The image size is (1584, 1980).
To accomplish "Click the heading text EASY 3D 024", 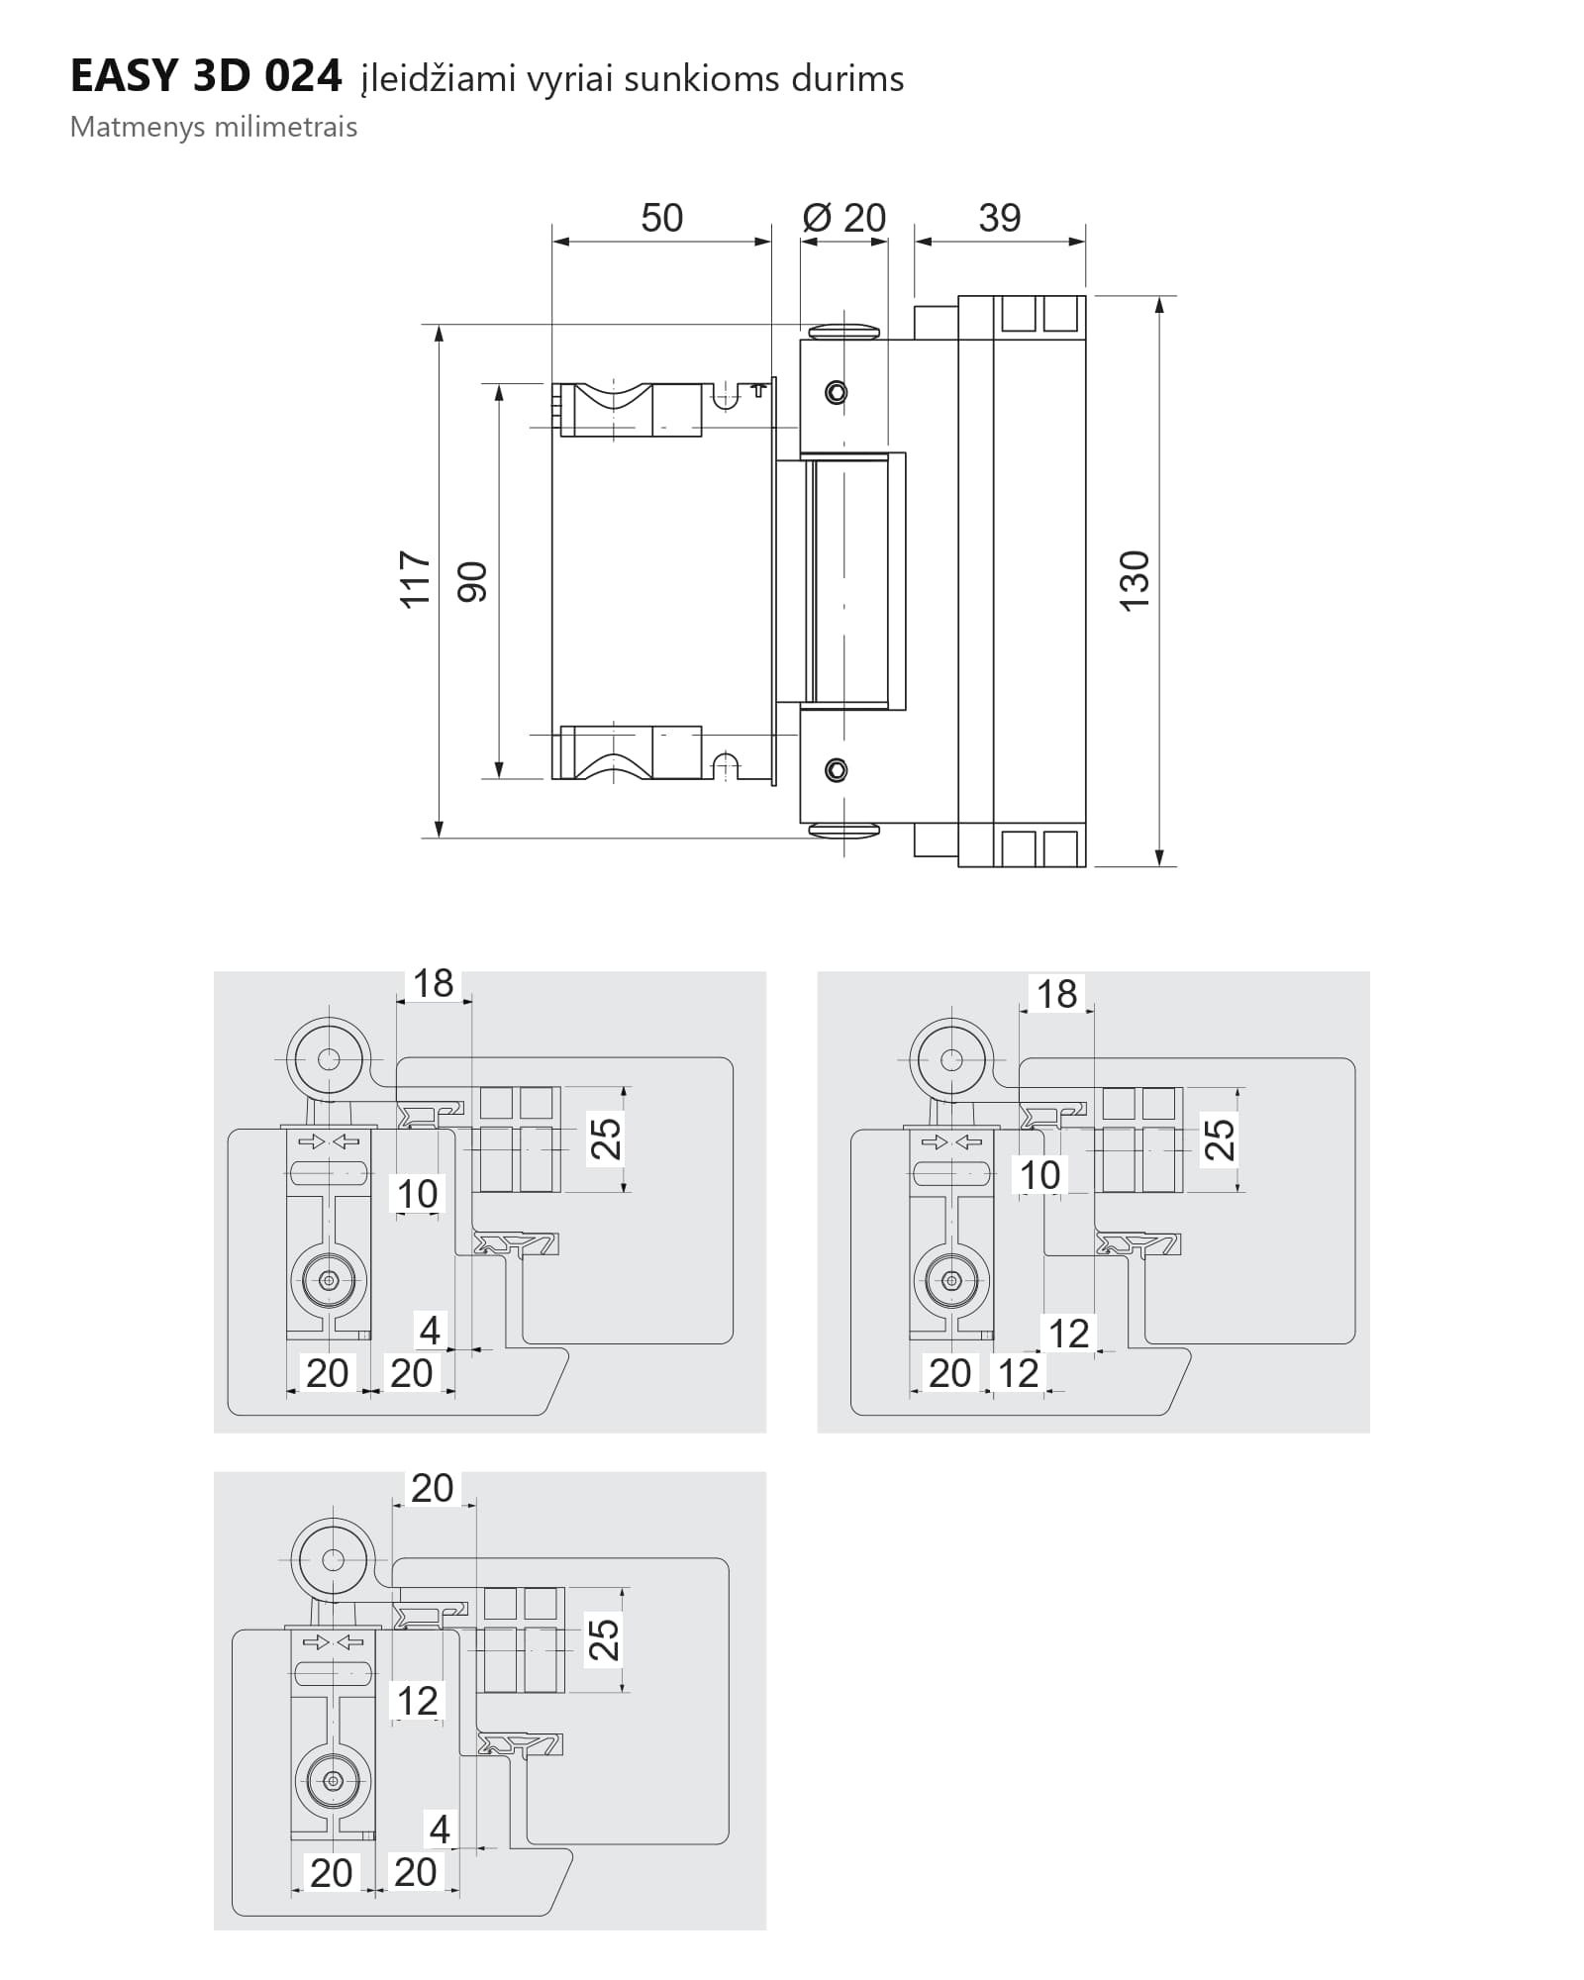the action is pos(206,76).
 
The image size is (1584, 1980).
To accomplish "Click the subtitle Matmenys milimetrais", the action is pos(214,128).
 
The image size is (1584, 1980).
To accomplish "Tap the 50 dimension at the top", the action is pos(661,218).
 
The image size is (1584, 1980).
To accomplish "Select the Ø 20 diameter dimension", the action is pos(844,218).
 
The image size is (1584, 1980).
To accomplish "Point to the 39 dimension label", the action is pos(999,218).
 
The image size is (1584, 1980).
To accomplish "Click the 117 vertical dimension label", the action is pos(416,580).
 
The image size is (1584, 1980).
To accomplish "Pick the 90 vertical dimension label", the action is pos(472,582).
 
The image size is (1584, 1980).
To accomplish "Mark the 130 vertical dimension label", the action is pos(1135,580).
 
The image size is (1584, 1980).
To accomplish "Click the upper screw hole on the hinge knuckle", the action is pos(837,393).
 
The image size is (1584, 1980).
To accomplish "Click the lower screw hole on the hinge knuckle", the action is pos(837,769).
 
